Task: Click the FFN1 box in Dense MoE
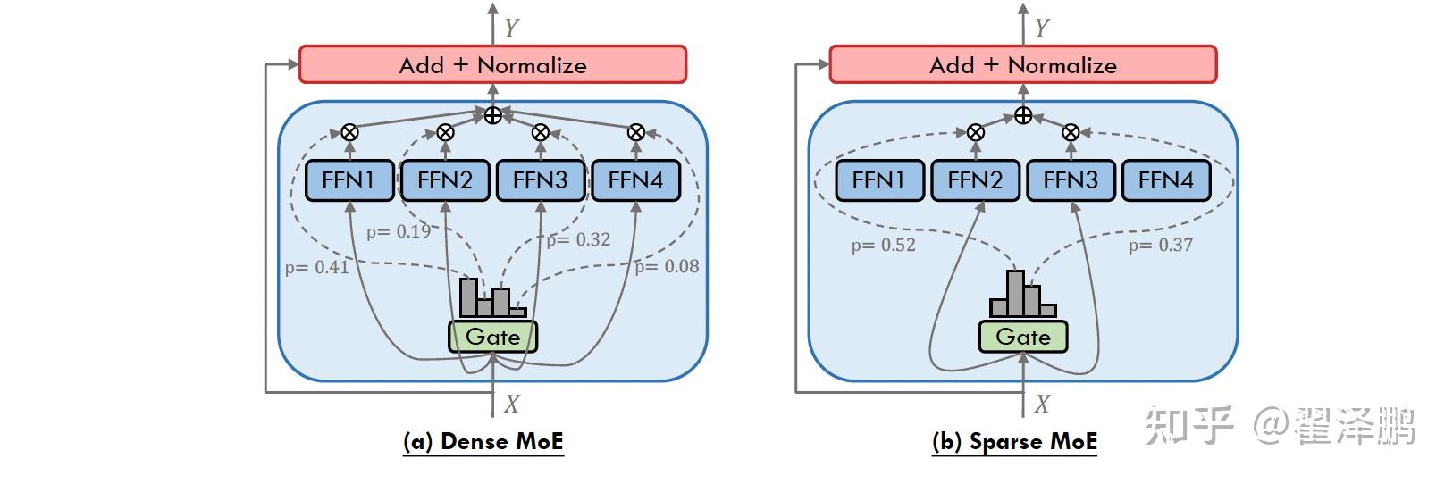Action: (x=349, y=180)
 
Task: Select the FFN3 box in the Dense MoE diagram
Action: (x=540, y=180)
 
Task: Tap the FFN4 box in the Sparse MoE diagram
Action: (x=1165, y=180)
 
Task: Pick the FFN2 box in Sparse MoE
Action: (x=975, y=180)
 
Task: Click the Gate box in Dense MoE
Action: (x=492, y=337)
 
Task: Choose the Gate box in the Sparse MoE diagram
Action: (x=1022, y=337)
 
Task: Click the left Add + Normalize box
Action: (x=492, y=65)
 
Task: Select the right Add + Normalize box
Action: (x=1022, y=65)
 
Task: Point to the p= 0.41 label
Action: (x=316, y=266)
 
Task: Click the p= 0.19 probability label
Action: (x=399, y=231)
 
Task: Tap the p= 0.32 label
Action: (x=578, y=239)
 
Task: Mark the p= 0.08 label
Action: (x=667, y=266)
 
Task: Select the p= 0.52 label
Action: (x=883, y=245)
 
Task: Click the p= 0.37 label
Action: (x=1160, y=245)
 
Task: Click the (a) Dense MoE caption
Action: (x=483, y=441)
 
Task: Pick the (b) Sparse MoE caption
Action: (x=1014, y=441)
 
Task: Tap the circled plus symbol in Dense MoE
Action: (x=492, y=115)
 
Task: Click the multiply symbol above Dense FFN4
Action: (x=635, y=132)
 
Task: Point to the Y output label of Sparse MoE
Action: (x=1041, y=28)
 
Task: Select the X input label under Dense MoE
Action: (x=511, y=405)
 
